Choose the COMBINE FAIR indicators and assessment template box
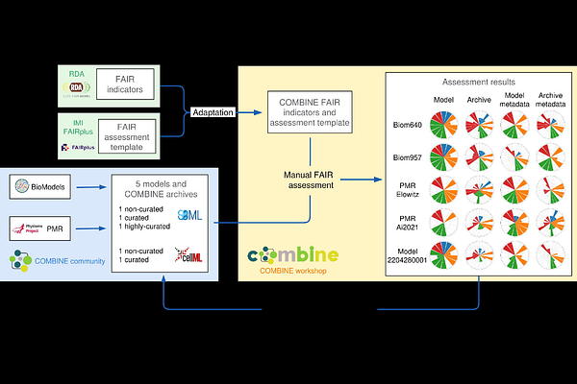[x=309, y=112]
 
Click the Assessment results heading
[x=478, y=84]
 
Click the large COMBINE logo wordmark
[x=293, y=254]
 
